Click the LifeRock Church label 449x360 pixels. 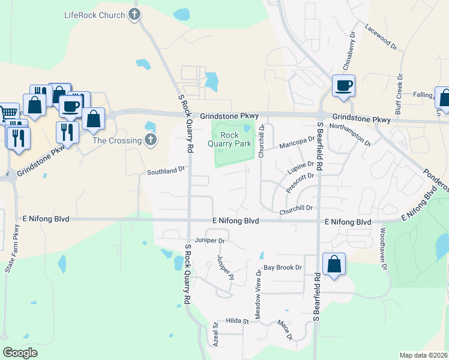coord(94,15)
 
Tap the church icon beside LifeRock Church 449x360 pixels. coord(133,15)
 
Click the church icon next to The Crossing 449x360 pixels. coord(151,140)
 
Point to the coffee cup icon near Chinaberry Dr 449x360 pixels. coord(343,86)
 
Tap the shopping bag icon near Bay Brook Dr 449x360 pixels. coord(334,264)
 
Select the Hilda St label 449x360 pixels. coord(237,322)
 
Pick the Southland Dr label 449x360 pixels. coord(166,171)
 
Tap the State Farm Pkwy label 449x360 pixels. coord(13,249)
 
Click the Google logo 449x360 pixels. coord(20,352)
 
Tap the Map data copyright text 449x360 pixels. coord(423,355)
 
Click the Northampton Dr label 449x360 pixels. coord(351,132)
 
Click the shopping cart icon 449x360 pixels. coord(7,112)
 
